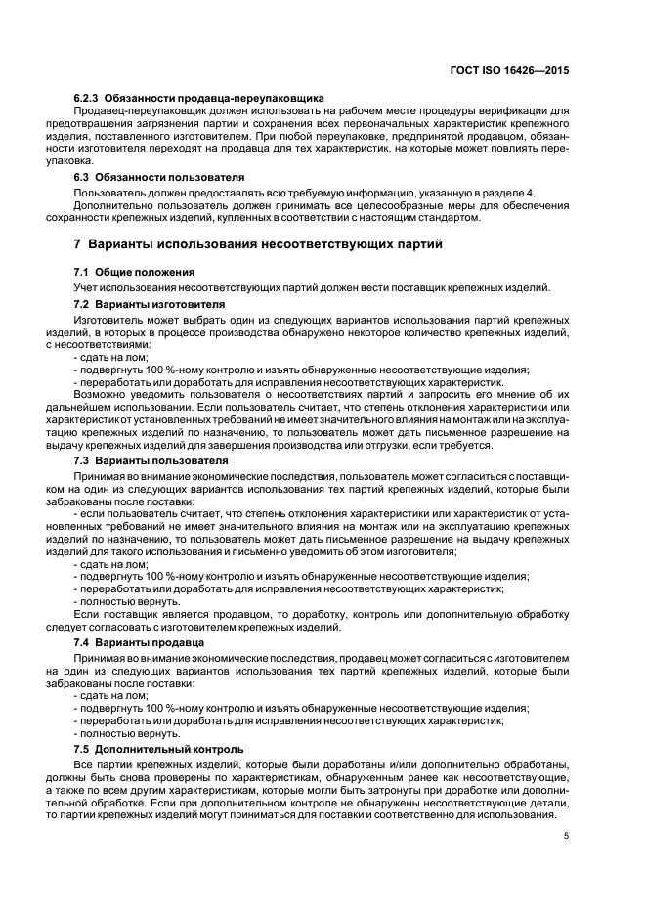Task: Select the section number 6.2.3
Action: point(90,99)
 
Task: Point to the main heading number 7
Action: point(78,242)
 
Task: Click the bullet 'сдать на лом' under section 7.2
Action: point(113,357)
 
